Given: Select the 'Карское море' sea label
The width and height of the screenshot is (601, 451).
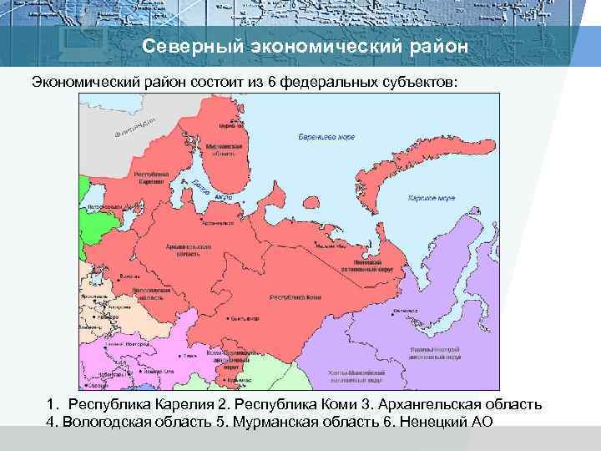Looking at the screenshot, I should pyautogui.click(x=431, y=199).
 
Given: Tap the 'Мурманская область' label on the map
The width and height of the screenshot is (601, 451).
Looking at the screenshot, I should pyautogui.click(x=225, y=149).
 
